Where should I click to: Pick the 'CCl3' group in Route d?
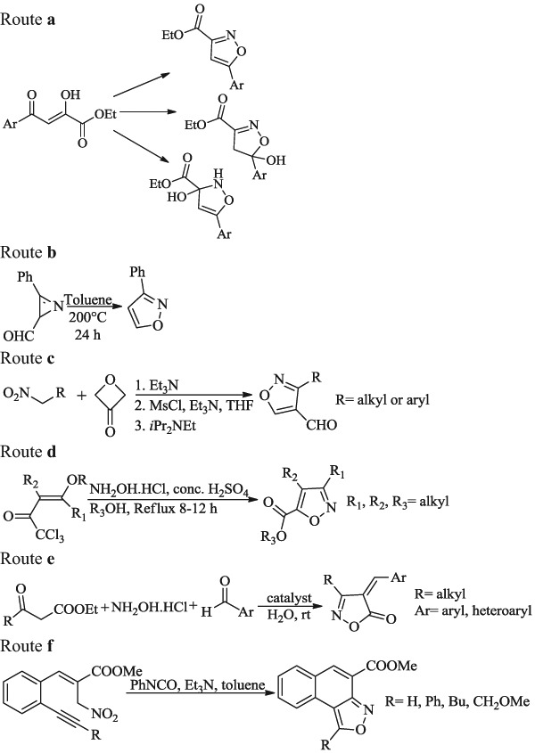click(x=53, y=547)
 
